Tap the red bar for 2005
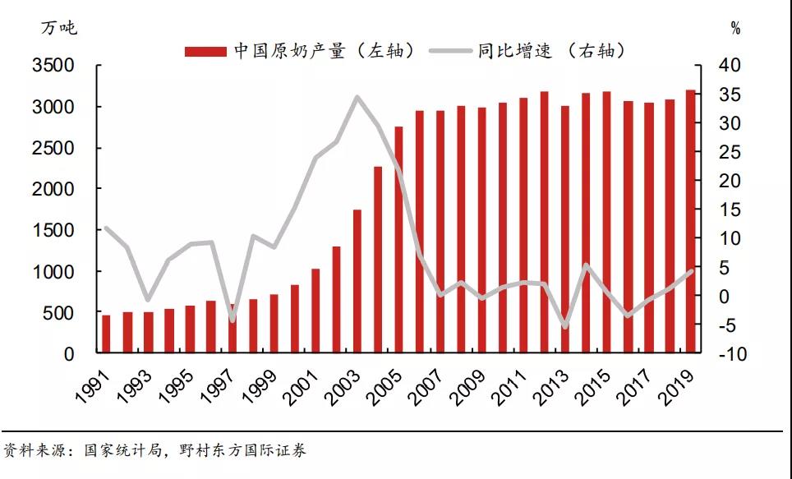coord(398,240)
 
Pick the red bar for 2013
coord(565,230)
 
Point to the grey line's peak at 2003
coord(357,97)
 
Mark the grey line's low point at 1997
coord(232,320)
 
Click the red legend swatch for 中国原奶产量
coord(205,52)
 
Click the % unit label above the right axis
coord(735,30)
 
